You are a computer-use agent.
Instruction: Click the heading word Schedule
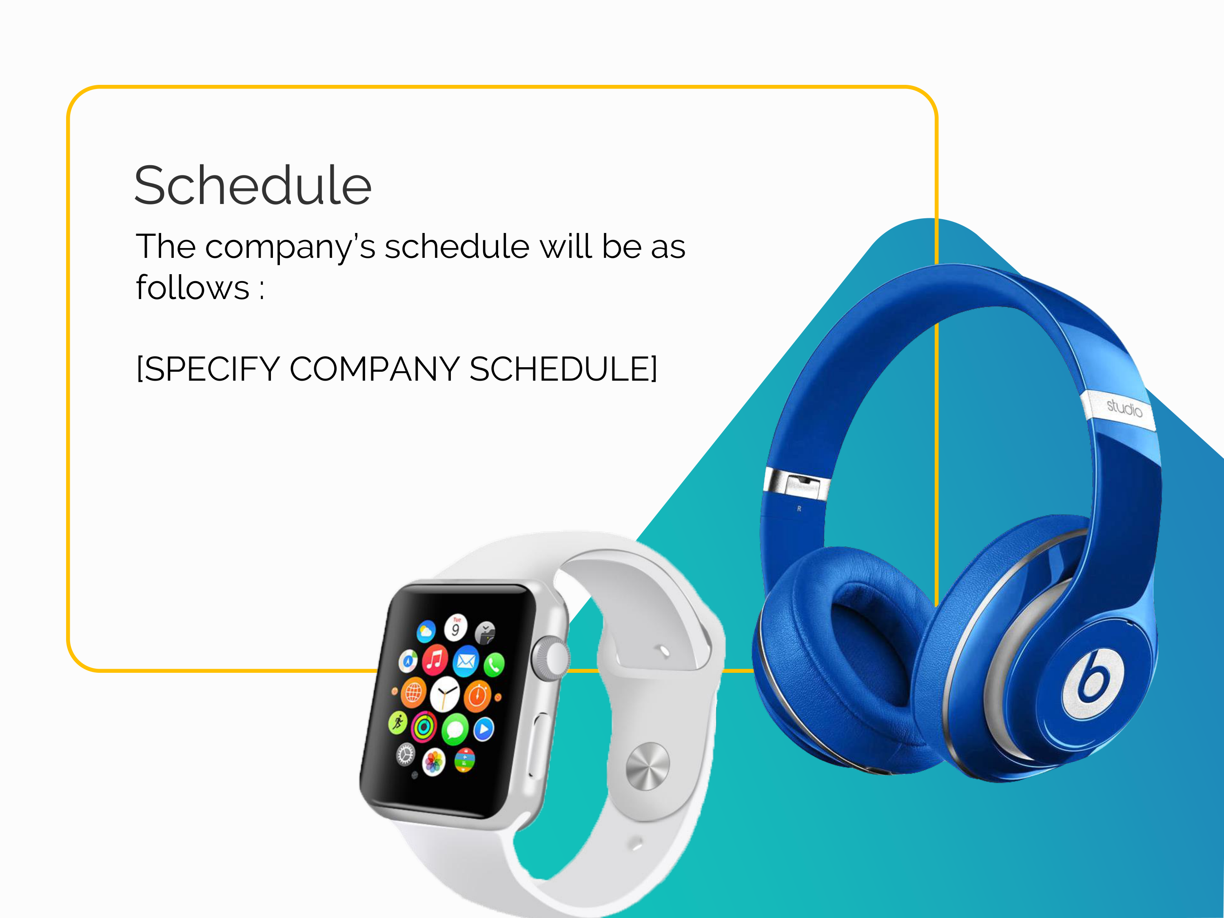(253, 185)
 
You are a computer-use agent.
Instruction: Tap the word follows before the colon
(193, 287)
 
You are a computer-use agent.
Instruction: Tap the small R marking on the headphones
(799, 508)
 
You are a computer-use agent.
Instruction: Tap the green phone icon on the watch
(494, 665)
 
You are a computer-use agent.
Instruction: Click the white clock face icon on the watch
(445, 694)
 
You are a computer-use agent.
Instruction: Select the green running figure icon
(398, 722)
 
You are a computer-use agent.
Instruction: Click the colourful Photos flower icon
(434, 763)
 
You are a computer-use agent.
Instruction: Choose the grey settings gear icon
(406, 754)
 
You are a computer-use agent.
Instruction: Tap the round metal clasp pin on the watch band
(647, 766)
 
